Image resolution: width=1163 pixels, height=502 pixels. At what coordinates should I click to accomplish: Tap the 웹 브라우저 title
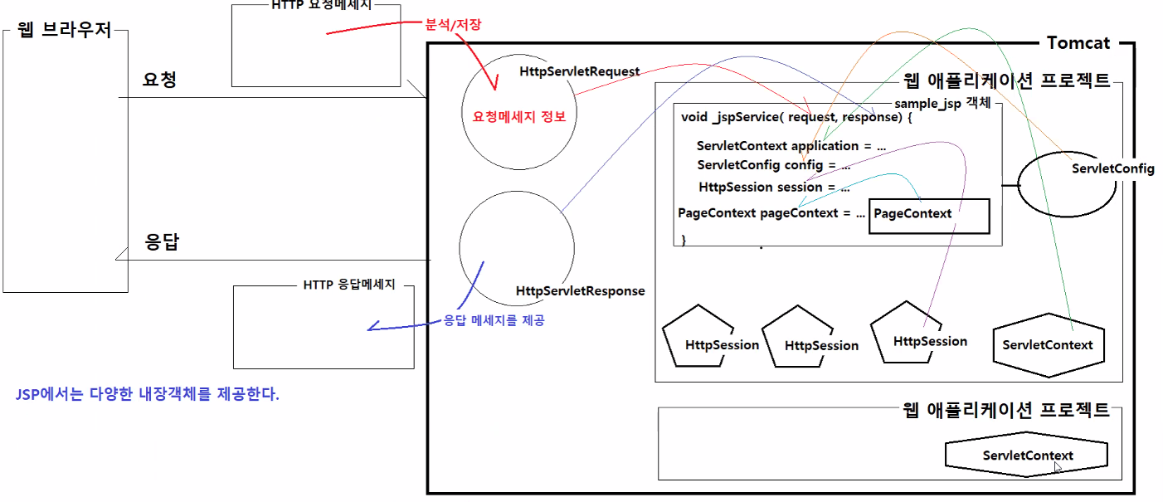click(64, 32)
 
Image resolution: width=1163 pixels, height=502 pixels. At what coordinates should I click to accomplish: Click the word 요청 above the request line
click(159, 80)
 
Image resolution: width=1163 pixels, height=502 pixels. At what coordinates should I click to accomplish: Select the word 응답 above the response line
click(163, 243)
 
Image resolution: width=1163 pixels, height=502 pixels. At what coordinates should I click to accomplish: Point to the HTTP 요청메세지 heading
click(322, 5)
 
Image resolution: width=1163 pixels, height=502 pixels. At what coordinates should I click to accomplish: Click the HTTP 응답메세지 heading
click(348, 285)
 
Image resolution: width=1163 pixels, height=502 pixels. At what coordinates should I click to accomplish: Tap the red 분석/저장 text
click(453, 25)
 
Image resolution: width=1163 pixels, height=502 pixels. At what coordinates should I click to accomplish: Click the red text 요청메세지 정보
click(519, 116)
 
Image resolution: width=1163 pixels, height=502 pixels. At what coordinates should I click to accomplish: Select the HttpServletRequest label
click(579, 71)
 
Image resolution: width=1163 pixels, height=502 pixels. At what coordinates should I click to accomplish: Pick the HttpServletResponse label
click(580, 291)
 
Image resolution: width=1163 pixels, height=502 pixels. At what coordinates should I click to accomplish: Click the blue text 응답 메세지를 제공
click(494, 320)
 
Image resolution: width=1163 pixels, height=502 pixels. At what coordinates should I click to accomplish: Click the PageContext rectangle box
click(929, 216)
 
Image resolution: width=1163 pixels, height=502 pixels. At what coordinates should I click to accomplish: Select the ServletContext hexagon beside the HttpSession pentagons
click(1048, 345)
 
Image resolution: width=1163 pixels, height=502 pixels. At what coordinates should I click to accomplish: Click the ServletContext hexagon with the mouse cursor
click(1027, 456)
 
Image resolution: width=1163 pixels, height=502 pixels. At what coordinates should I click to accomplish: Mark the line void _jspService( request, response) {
click(796, 117)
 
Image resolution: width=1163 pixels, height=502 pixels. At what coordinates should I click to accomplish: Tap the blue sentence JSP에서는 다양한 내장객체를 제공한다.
click(148, 393)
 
